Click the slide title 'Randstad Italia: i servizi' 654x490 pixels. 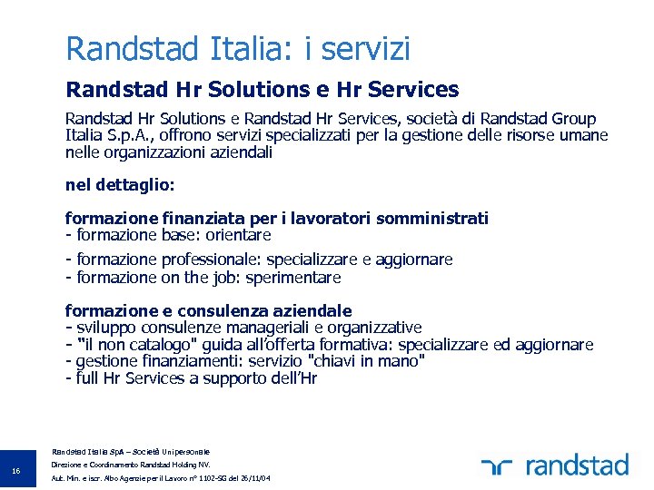tap(238, 48)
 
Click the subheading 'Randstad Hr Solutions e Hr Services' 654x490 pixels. tap(262, 90)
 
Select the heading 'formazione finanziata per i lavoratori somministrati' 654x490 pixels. tap(277, 218)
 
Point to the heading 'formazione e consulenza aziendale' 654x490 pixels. tap(209, 310)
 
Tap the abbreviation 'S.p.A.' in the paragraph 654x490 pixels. tap(117, 136)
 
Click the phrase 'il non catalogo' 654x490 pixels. tap(138, 345)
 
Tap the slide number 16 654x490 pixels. tap(15, 470)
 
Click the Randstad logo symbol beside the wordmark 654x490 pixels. tap(498, 466)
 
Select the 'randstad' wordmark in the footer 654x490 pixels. tap(577, 465)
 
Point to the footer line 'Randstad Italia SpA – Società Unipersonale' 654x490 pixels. tap(131, 451)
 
